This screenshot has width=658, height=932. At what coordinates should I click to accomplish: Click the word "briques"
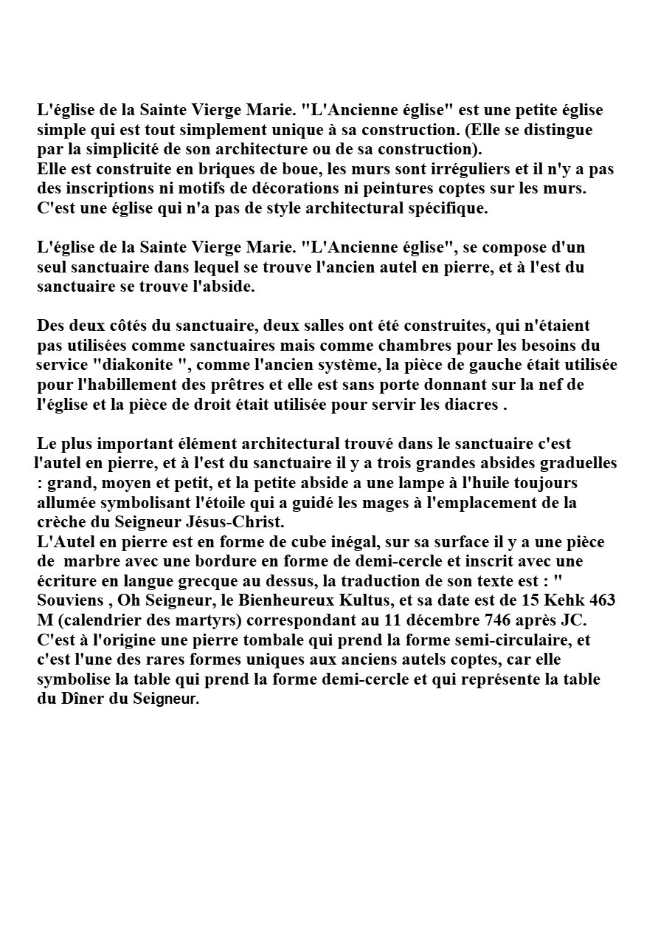(x=198, y=169)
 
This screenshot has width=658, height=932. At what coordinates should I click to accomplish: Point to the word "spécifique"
(x=446, y=208)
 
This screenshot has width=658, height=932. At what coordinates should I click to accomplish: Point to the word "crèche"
(x=61, y=522)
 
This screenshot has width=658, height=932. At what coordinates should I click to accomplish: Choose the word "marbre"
(x=92, y=561)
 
